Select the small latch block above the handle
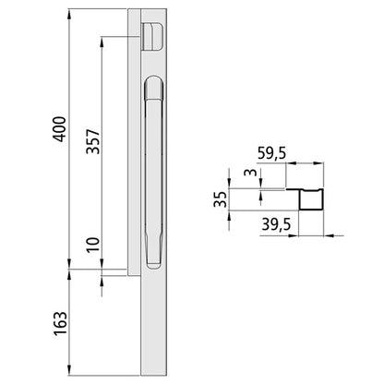[x=151, y=37]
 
